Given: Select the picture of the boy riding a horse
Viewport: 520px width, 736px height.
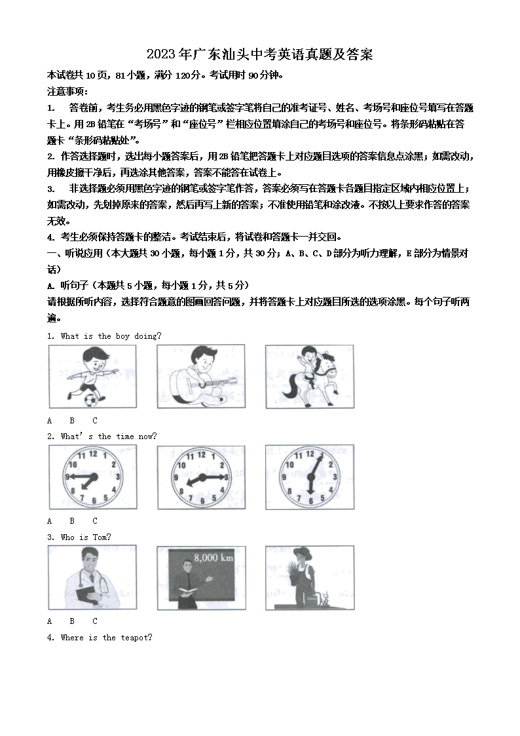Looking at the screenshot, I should click(x=309, y=376).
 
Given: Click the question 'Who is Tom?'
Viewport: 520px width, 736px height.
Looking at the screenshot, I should click(x=86, y=537).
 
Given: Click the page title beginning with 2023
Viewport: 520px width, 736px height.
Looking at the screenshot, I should click(x=260, y=54).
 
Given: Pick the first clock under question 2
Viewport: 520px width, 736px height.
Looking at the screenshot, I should click(x=92, y=476).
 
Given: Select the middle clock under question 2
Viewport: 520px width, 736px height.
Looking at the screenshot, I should click(x=200, y=476).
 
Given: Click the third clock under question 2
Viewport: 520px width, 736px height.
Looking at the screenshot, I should click(x=309, y=476).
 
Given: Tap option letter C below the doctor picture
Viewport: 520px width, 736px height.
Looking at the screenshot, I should click(x=94, y=621).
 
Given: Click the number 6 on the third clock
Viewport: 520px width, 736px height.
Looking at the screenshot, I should click(x=309, y=501).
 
